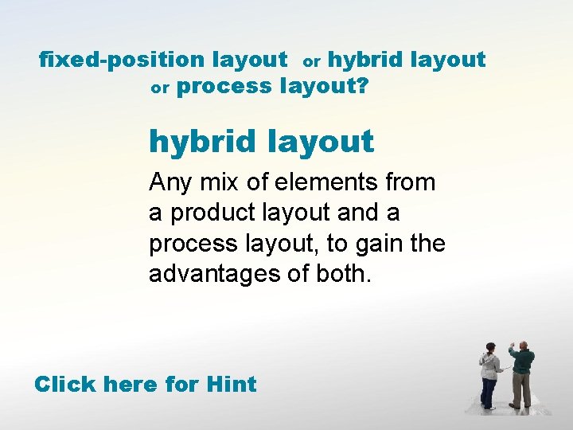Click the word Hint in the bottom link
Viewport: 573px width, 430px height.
click(x=231, y=384)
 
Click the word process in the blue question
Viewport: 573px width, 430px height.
click(x=224, y=86)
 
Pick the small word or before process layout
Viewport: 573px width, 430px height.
click(x=160, y=88)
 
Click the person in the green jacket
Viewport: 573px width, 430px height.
click(x=522, y=374)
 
